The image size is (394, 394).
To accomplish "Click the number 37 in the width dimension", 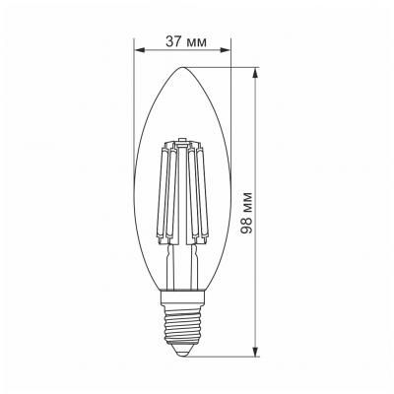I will pyautogui.click(x=173, y=40).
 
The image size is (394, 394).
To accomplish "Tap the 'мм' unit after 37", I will pyautogui.click(x=197, y=40).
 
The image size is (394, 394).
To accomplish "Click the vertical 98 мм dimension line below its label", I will pyautogui.click(x=257, y=295).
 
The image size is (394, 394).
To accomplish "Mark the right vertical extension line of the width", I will pyautogui.click(x=230, y=98).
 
